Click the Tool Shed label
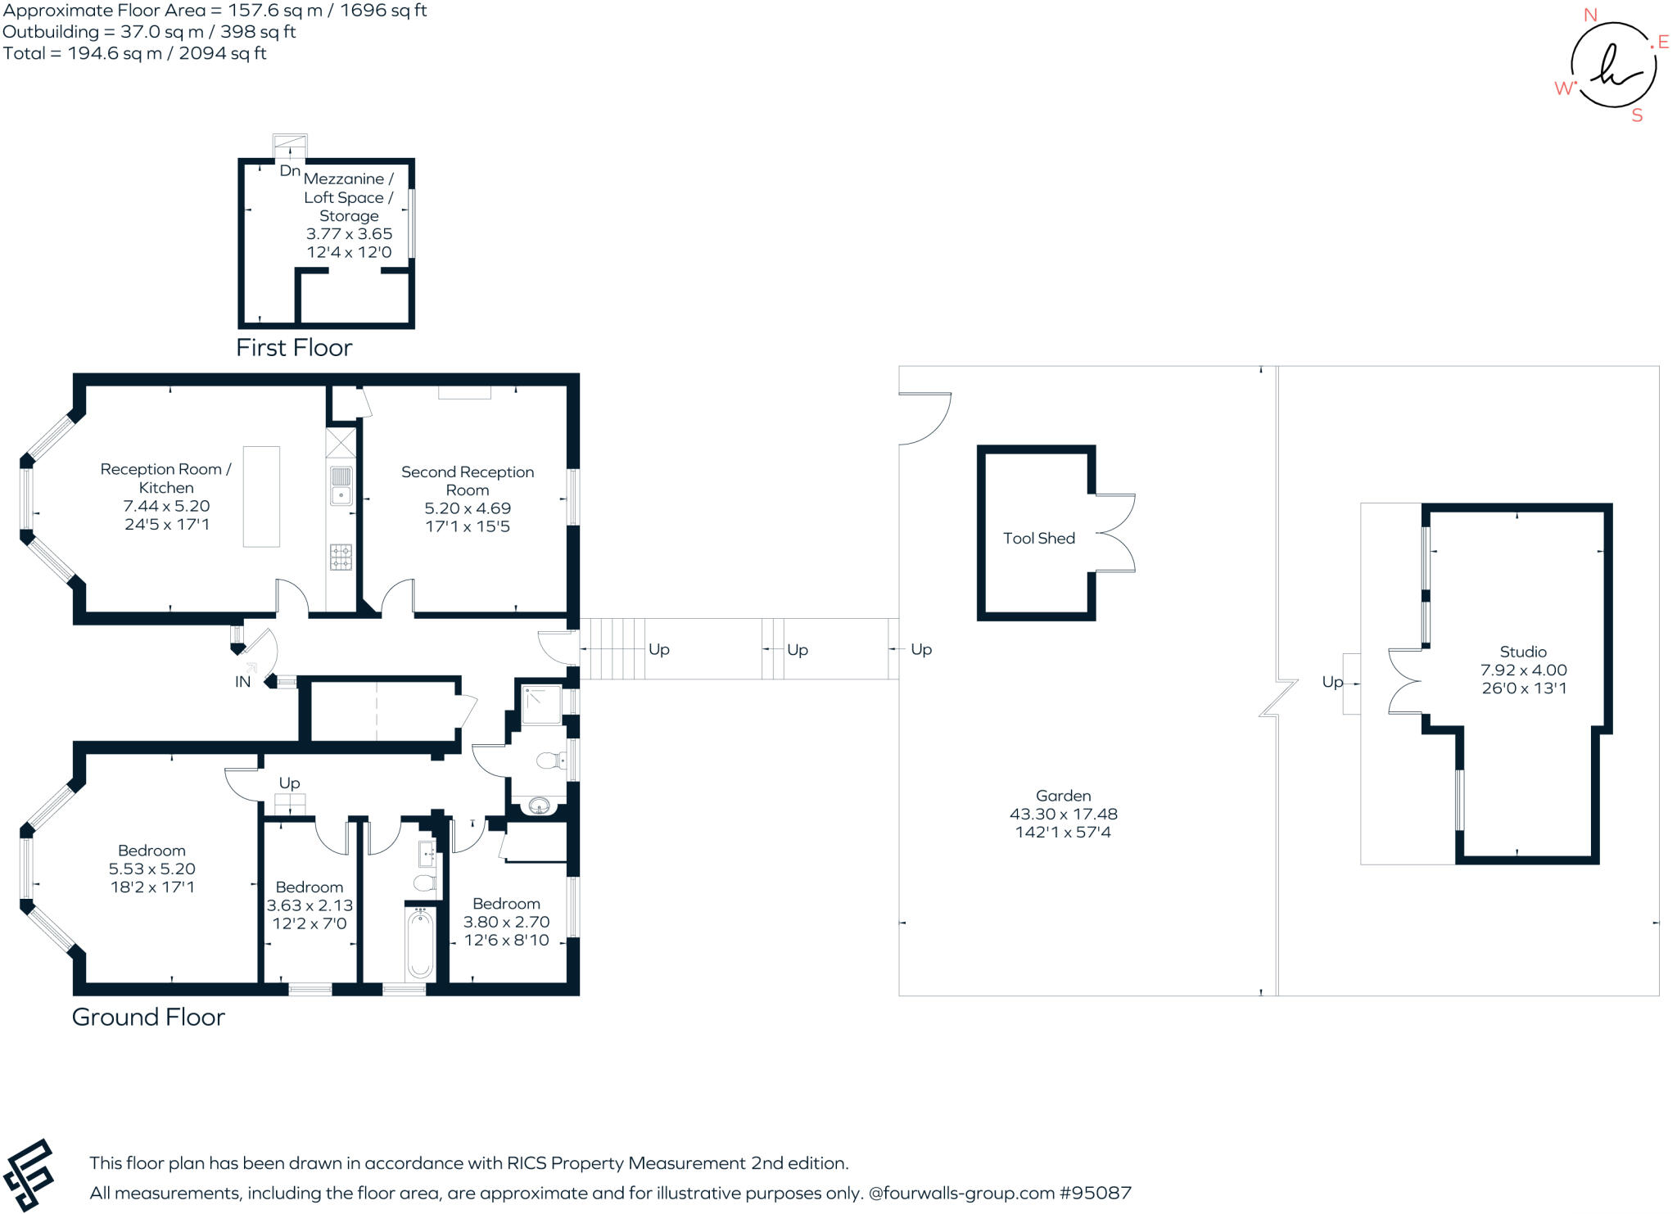[1038, 538]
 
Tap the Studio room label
[1523, 652]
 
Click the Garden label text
[1063, 795]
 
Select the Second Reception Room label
[468, 481]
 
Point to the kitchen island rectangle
[261, 496]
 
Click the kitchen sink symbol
[341, 486]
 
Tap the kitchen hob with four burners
[341, 557]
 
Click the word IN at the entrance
[243, 681]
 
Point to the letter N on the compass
[1590, 15]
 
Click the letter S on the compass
[1637, 115]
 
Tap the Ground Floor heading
[148, 1017]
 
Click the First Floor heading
[294, 348]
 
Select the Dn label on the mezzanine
[290, 170]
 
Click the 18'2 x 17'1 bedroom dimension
[152, 887]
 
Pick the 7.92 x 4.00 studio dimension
[1523, 670]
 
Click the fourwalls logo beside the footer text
[29, 1176]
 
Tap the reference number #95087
[1096, 1193]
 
